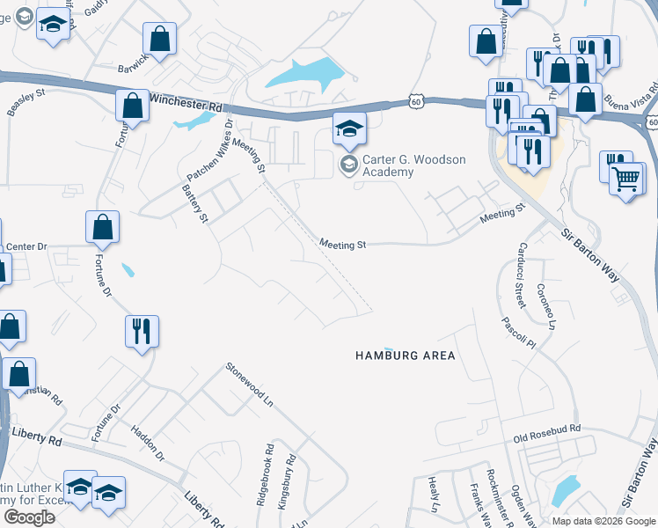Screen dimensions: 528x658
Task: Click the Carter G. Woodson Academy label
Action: (x=403, y=165)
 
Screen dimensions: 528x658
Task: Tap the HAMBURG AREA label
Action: (x=405, y=356)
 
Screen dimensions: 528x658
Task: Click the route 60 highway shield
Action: (x=415, y=102)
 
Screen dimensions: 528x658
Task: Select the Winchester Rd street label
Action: (x=186, y=102)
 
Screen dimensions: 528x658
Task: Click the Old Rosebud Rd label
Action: (x=548, y=429)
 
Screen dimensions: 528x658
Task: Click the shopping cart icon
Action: (x=625, y=180)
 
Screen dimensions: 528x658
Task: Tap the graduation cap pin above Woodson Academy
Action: (x=348, y=129)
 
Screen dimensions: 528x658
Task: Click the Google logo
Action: (x=29, y=517)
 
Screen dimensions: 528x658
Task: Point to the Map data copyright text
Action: (x=603, y=521)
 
